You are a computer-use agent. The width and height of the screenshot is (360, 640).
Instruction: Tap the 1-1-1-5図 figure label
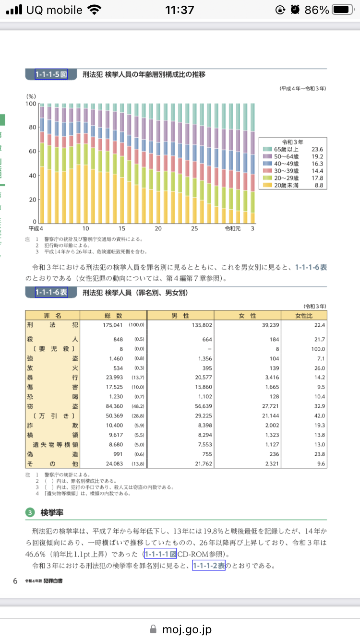[x=51, y=74]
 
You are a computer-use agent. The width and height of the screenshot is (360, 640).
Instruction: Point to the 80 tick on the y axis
[x=32, y=127]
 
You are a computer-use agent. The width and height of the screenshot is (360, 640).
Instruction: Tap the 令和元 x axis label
[x=232, y=228]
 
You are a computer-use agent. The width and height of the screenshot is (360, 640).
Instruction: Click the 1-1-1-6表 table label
[x=51, y=292]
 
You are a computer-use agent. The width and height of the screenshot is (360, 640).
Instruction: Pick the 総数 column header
[x=113, y=315]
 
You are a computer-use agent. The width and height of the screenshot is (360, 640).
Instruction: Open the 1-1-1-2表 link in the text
[x=209, y=566]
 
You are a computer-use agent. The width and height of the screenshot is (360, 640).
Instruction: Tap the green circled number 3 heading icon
[x=30, y=513]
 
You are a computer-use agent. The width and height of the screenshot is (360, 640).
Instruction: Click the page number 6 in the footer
[x=15, y=581]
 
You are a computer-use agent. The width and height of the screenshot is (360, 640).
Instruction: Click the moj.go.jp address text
[x=187, y=629]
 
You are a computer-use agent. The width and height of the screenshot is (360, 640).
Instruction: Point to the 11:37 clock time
[x=180, y=10]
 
